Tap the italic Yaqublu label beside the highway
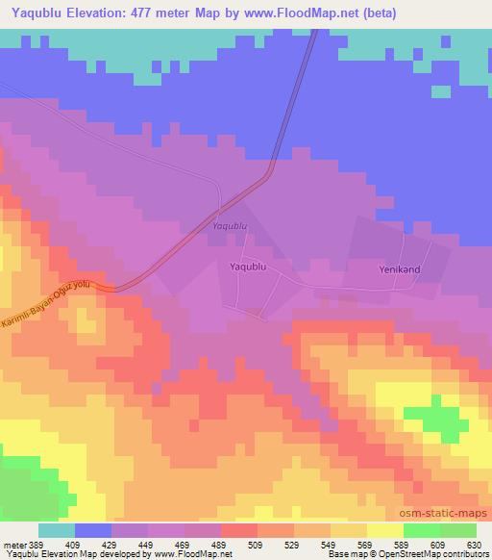[229, 227]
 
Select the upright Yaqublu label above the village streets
[247, 266]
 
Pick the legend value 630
[474, 544]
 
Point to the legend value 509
[256, 544]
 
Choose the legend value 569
[365, 544]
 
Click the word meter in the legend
[13, 544]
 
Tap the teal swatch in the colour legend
[57, 530]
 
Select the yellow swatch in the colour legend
[384, 530]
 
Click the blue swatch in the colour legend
[93, 530]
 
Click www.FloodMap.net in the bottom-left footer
[201, 554]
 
